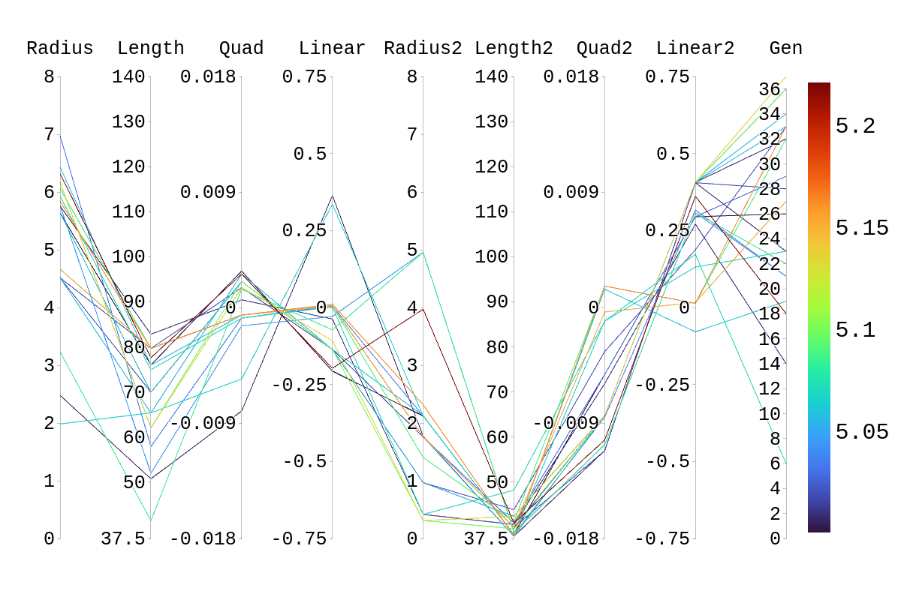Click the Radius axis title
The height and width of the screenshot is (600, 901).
(x=60, y=49)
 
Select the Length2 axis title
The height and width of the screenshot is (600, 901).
(x=514, y=49)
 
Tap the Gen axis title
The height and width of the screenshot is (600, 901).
(x=785, y=49)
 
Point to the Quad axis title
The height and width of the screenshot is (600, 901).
(x=241, y=49)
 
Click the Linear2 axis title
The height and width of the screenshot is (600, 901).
(x=695, y=49)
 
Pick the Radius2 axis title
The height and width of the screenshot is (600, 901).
(x=423, y=49)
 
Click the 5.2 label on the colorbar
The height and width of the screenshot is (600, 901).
(x=855, y=126)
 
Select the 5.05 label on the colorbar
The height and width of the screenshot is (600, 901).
(x=862, y=432)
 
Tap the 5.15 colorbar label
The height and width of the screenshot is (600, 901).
(x=862, y=228)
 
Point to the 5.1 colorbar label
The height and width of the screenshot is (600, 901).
(x=855, y=330)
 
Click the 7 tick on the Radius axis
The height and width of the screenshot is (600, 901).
(x=50, y=134)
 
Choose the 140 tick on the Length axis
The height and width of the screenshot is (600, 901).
(x=128, y=76)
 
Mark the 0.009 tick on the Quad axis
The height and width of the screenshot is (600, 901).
(x=207, y=192)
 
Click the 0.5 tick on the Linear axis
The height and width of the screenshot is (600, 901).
(x=310, y=154)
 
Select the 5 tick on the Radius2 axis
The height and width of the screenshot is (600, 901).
(x=412, y=250)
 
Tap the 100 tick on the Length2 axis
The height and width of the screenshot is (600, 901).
(x=492, y=256)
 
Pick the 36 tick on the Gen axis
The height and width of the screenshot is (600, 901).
(x=770, y=90)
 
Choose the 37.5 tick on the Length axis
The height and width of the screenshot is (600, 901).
(x=123, y=538)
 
